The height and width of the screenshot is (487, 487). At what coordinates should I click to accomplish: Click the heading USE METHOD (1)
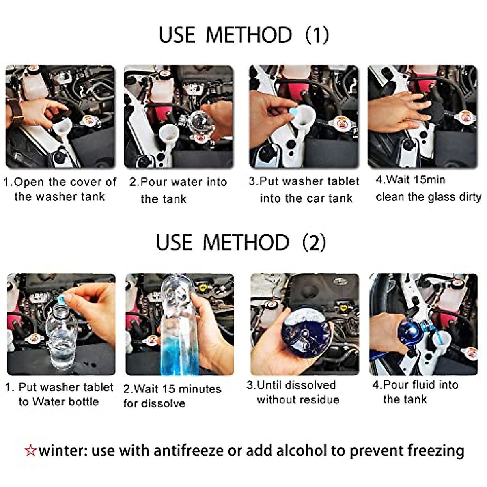tap(243, 35)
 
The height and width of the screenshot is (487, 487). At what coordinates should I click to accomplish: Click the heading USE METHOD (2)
tap(241, 243)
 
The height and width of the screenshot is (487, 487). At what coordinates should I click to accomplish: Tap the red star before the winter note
tap(30, 450)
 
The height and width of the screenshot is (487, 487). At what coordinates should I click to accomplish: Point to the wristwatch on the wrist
tap(16, 110)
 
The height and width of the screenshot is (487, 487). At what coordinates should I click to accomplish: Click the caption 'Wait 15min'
tap(410, 179)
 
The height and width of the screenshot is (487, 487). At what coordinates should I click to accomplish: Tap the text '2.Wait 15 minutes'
tap(172, 389)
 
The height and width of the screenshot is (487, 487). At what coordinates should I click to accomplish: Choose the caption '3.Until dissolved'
tap(291, 385)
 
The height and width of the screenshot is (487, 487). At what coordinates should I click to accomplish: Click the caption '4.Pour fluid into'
tap(415, 384)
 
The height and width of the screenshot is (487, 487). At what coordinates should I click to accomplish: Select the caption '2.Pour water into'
tap(178, 182)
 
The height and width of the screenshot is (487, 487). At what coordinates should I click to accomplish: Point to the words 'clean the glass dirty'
tap(428, 197)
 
